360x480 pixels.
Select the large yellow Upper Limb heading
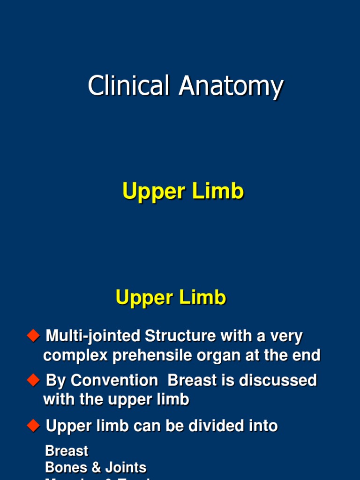[183, 192]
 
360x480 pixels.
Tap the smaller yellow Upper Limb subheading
[171, 298]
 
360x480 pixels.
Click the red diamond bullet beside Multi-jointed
[33, 336]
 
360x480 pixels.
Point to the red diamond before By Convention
[33, 380]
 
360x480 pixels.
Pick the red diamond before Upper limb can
[33, 426]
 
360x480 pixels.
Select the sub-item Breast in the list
[67, 451]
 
